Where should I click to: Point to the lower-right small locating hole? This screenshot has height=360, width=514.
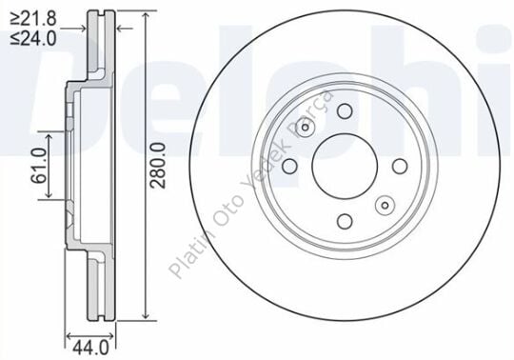384,203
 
